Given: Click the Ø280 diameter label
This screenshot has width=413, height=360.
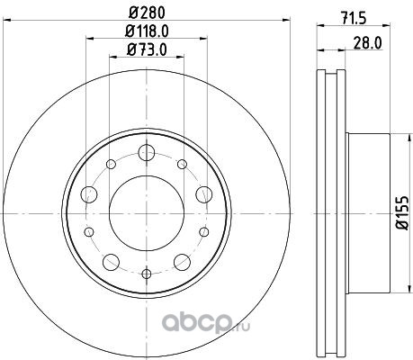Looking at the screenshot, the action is tap(147, 13).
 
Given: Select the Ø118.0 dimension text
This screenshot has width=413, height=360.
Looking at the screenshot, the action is tap(147, 31).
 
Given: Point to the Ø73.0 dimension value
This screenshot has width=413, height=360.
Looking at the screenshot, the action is tap(147, 49).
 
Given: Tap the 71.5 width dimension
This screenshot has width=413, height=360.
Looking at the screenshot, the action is tap(354, 19).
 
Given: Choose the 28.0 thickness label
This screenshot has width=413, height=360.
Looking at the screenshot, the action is tap(367, 43).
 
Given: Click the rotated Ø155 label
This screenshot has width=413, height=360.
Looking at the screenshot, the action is tap(402, 212).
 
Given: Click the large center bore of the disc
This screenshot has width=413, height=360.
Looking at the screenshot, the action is tap(147, 213).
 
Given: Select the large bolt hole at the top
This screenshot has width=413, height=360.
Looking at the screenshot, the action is tap(147, 152).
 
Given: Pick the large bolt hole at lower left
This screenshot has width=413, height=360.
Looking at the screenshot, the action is tap(111, 262).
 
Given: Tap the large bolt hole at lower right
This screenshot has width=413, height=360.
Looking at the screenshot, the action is tap(182, 262).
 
